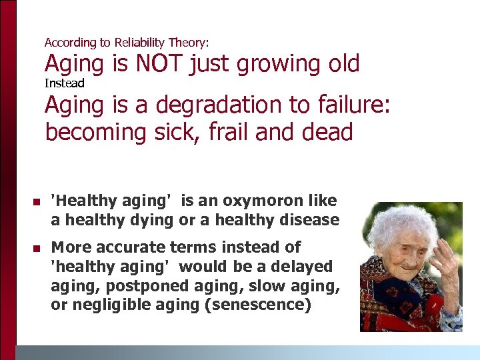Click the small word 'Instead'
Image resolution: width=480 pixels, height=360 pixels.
point(65,83)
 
